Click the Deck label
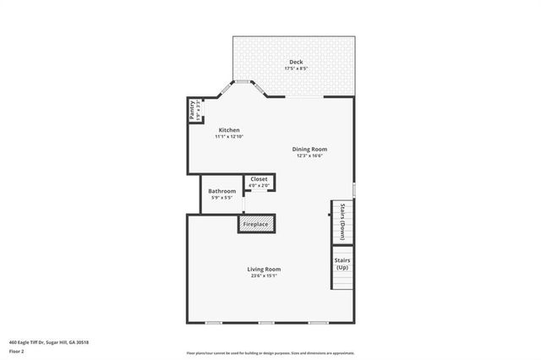pyautogui.click(x=296, y=62)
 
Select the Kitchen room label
pyautogui.click(x=229, y=130)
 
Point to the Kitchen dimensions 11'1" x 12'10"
pyautogui.click(x=229, y=136)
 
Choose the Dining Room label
pyautogui.click(x=310, y=149)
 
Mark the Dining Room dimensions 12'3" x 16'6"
pyautogui.click(x=310, y=155)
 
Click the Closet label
pyautogui.click(x=259, y=179)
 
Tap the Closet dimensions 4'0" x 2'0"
pyautogui.click(x=259, y=185)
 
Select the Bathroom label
pyautogui.click(x=222, y=191)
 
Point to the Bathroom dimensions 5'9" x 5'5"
pyautogui.click(x=222, y=198)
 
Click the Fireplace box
pyautogui.click(x=256, y=224)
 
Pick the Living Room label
pyautogui.click(x=264, y=269)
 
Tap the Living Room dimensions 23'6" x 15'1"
pyautogui.click(x=264, y=275)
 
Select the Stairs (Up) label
pyautogui.click(x=342, y=264)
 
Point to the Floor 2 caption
pyautogui.click(x=17, y=350)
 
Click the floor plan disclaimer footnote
pyautogui.click(x=270, y=352)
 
